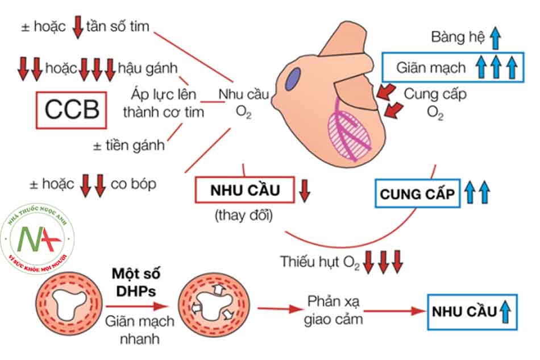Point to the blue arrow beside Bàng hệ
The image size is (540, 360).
click(x=496, y=38)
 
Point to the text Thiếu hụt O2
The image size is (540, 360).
click(x=320, y=262)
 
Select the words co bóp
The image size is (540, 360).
click(x=134, y=184)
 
